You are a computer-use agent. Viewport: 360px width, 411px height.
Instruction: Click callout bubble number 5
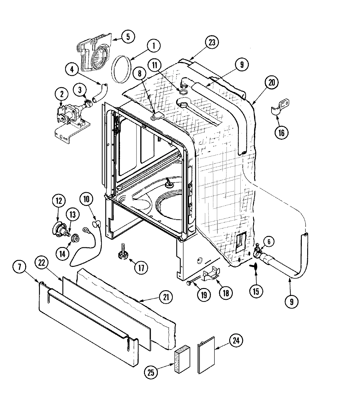coord(128,37)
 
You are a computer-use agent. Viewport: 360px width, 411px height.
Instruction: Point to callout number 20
coord(271,83)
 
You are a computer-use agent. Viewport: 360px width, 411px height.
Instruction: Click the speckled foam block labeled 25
coord(181,360)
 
